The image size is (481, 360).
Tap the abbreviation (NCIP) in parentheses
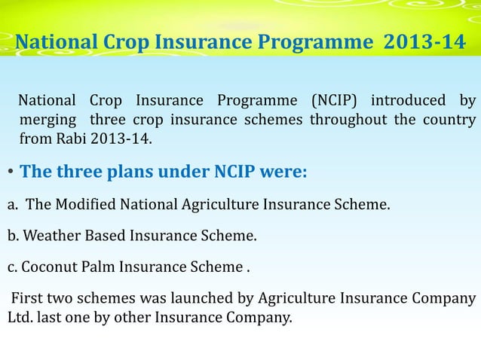click(x=332, y=100)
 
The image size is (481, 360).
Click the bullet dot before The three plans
click(x=11, y=172)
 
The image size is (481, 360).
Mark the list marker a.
click(x=11, y=203)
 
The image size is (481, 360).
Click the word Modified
click(x=79, y=203)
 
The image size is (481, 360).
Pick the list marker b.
click(x=12, y=236)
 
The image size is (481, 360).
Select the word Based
click(x=104, y=236)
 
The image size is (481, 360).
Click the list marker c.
click(x=11, y=268)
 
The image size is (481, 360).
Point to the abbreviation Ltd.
click(x=19, y=317)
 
